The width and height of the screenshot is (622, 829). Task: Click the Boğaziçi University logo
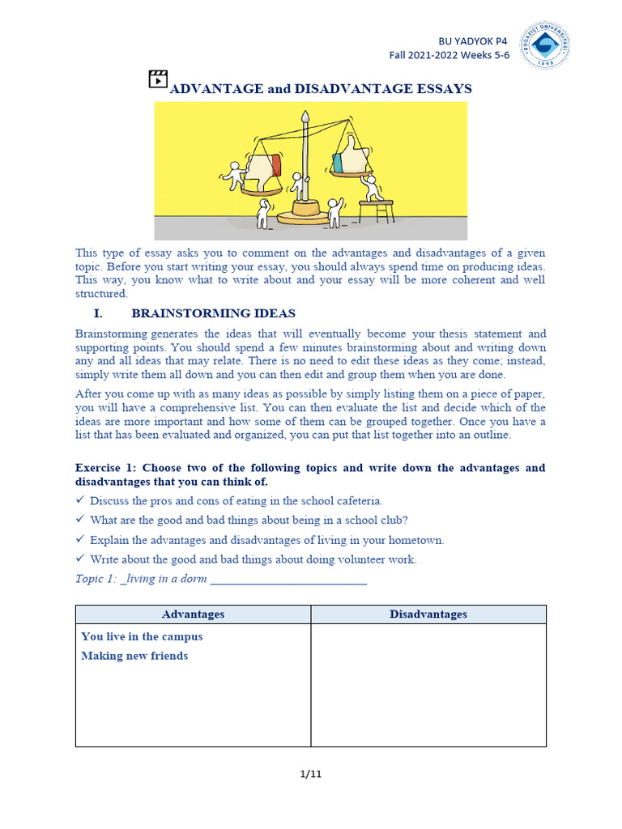point(544,46)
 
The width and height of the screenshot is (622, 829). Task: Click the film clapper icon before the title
point(158,79)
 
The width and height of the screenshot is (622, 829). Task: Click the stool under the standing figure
point(376,210)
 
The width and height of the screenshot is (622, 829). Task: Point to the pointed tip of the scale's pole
point(305,117)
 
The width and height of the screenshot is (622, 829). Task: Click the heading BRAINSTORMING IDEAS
point(213,313)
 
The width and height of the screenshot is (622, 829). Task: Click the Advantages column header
point(193,614)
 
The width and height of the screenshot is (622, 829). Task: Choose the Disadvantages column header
point(428,614)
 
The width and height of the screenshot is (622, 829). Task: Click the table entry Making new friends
point(134,656)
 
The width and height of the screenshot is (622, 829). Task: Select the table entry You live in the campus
point(142,636)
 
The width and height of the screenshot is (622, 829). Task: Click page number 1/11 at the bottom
point(311,774)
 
